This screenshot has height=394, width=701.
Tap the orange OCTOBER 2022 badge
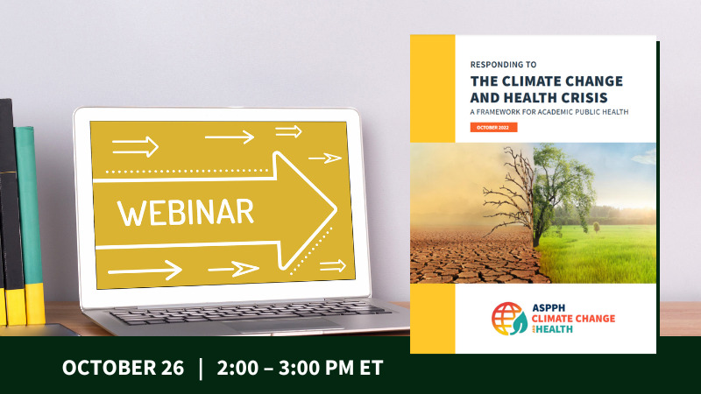pyautogui.click(x=493, y=127)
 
